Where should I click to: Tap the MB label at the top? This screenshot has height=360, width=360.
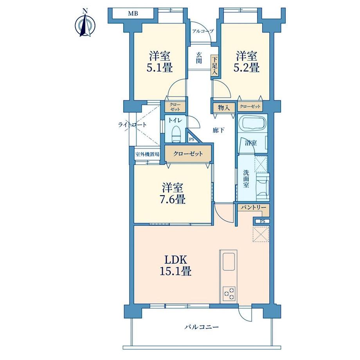click(x=133, y=14)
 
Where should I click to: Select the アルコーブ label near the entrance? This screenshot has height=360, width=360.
click(x=203, y=31)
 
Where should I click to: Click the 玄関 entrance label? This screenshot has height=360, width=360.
click(x=199, y=58)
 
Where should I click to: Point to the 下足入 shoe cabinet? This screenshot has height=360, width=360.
click(x=214, y=66)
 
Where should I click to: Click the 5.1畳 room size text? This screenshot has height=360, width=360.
click(x=160, y=68)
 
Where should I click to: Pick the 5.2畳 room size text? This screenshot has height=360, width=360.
click(x=247, y=68)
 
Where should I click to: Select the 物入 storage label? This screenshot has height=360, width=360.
click(x=224, y=108)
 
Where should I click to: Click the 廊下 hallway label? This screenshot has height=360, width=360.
click(x=218, y=130)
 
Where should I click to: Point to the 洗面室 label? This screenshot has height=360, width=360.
click(x=246, y=178)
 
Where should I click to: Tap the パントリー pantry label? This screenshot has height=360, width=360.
click(x=254, y=207)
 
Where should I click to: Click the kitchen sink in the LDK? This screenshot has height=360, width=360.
click(x=229, y=262)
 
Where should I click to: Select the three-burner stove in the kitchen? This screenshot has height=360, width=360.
click(x=229, y=293)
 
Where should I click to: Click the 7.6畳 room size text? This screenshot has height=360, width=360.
click(x=173, y=199)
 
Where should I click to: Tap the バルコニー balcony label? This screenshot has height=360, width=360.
click(x=202, y=327)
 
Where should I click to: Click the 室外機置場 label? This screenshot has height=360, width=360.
click(x=147, y=154)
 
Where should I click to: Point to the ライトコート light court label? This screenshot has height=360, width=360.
click(x=132, y=125)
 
